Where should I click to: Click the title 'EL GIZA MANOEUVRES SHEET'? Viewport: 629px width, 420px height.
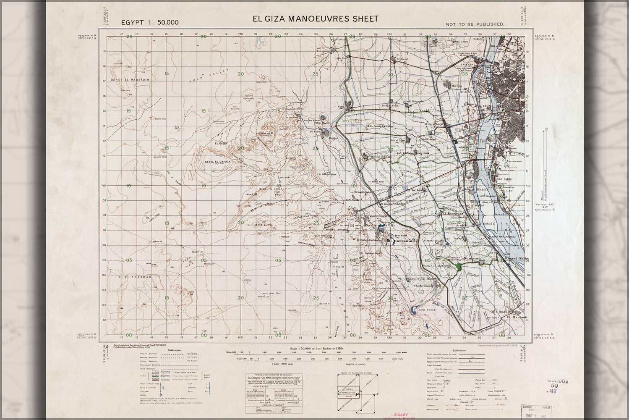[315, 19]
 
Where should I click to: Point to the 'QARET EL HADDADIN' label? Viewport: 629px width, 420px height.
[127, 79]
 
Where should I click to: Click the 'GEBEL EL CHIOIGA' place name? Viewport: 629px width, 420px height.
[217, 161]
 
